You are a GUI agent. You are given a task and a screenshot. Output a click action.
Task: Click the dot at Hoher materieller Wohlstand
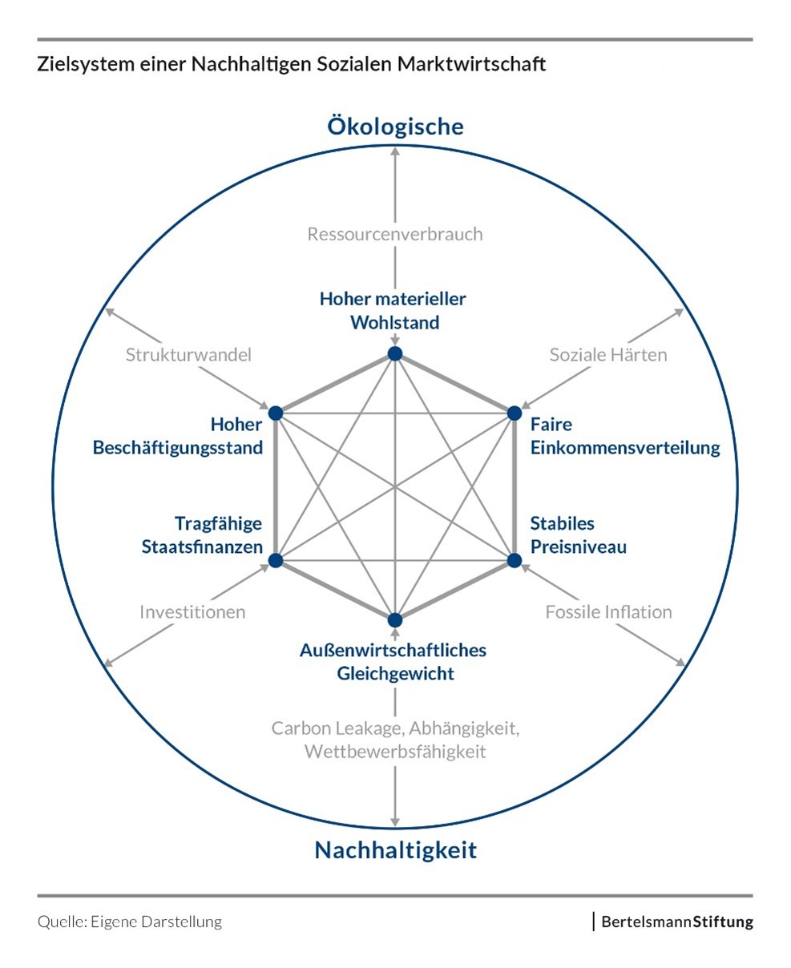pyautogui.click(x=394, y=354)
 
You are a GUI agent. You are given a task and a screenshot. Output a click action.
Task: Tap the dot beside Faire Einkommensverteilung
pyautogui.click(x=514, y=413)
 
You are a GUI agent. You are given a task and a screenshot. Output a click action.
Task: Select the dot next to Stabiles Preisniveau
pyautogui.click(x=514, y=560)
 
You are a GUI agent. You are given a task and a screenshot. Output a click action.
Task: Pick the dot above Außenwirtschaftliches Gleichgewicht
pyautogui.click(x=394, y=619)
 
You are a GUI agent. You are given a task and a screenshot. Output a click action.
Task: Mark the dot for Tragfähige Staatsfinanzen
pyautogui.click(x=276, y=560)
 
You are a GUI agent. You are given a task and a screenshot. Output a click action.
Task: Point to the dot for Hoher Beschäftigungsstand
pyautogui.click(x=276, y=413)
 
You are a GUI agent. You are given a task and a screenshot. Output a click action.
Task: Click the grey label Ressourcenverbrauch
pyautogui.click(x=395, y=234)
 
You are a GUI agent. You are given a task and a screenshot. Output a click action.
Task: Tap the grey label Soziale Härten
pyautogui.click(x=608, y=354)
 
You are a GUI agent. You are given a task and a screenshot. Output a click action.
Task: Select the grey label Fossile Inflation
pyautogui.click(x=608, y=612)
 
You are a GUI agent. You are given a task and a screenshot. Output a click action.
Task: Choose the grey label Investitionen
pyautogui.click(x=192, y=612)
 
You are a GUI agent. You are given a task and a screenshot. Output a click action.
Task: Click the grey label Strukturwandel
pyautogui.click(x=188, y=354)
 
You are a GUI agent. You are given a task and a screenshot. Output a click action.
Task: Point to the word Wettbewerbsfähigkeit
pyautogui.click(x=395, y=752)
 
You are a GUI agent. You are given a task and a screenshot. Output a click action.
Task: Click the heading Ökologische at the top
pyautogui.click(x=395, y=127)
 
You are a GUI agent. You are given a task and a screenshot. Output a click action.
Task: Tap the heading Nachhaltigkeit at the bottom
pyautogui.click(x=395, y=849)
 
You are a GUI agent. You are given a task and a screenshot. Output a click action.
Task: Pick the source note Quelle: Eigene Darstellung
pyautogui.click(x=130, y=922)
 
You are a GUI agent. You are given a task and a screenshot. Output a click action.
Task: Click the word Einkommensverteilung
pyautogui.click(x=625, y=447)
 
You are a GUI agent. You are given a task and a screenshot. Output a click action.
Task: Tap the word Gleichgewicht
pyautogui.click(x=395, y=673)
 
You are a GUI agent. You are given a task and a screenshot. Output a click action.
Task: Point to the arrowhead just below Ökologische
pyautogui.click(x=394, y=152)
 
